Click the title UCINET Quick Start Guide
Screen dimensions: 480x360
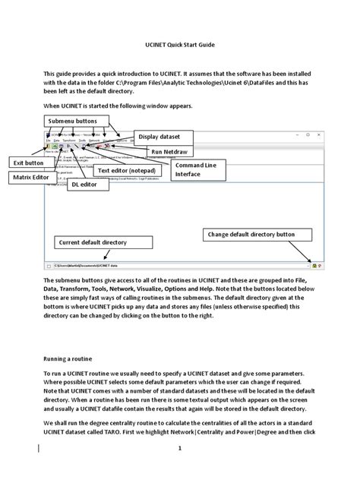pos(179,46)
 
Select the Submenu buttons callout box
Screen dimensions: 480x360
pos(73,122)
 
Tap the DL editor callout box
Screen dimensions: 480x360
pos(84,184)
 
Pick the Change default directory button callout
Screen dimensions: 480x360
pos(251,235)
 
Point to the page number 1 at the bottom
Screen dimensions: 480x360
pos(180,448)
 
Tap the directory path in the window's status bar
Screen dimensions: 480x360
pos(91,267)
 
